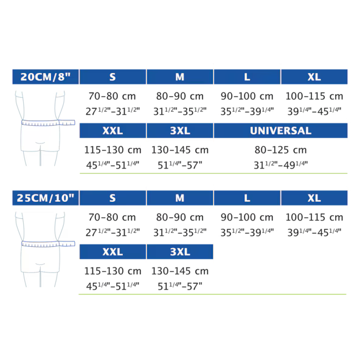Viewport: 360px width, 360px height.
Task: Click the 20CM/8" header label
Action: pos(46,77)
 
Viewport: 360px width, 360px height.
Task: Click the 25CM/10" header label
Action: pos(46,198)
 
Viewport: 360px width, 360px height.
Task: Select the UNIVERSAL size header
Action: pos(280,131)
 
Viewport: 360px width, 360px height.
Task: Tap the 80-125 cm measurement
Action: pos(280,150)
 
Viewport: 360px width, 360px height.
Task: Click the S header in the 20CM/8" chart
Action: pos(112,77)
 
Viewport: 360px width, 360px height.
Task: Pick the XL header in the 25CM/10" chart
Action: pos(314,198)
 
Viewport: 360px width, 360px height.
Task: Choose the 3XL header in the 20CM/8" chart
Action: pos(180,131)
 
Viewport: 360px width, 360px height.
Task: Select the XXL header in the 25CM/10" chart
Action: pos(112,252)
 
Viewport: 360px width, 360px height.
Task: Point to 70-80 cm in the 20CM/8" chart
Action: pos(112,96)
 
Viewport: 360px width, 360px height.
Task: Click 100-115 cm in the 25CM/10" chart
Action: pos(314,217)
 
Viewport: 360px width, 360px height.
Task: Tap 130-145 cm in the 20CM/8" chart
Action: pos(180,150)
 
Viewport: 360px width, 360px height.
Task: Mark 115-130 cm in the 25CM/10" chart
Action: pos(112,271)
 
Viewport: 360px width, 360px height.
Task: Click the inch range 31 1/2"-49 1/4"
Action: pos(280,165)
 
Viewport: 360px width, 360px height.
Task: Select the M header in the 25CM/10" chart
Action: pos(180,198)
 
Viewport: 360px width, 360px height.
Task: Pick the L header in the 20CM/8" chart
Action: pos(247,77)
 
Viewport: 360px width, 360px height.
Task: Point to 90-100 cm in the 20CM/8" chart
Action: pos(247,96)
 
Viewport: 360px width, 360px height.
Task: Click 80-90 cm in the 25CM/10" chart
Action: pos(180,217)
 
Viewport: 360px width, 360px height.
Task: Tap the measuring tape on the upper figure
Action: pos(48,123)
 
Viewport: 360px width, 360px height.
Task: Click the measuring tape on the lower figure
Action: pos(48,244)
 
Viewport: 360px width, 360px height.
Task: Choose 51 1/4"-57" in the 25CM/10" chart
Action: pos(180,286)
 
